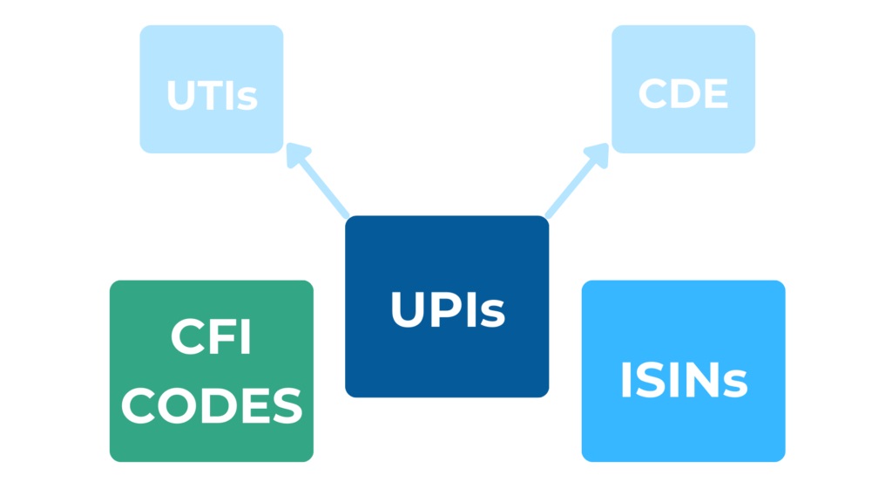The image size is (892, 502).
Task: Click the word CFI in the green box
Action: point(212,340)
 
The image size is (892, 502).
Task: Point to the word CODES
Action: point(212,406)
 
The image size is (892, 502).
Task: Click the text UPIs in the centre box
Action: point(447,309)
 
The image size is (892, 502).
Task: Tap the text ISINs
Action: point(683,380)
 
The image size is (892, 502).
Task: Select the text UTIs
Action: point(212,96)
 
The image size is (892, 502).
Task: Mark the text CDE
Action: point(683,95)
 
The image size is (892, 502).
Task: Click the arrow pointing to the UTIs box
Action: point(321,183)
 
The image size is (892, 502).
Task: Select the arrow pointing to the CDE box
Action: point(575,183)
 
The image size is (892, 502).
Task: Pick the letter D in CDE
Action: point(683,95)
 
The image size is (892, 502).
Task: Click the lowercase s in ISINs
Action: point(734,384)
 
